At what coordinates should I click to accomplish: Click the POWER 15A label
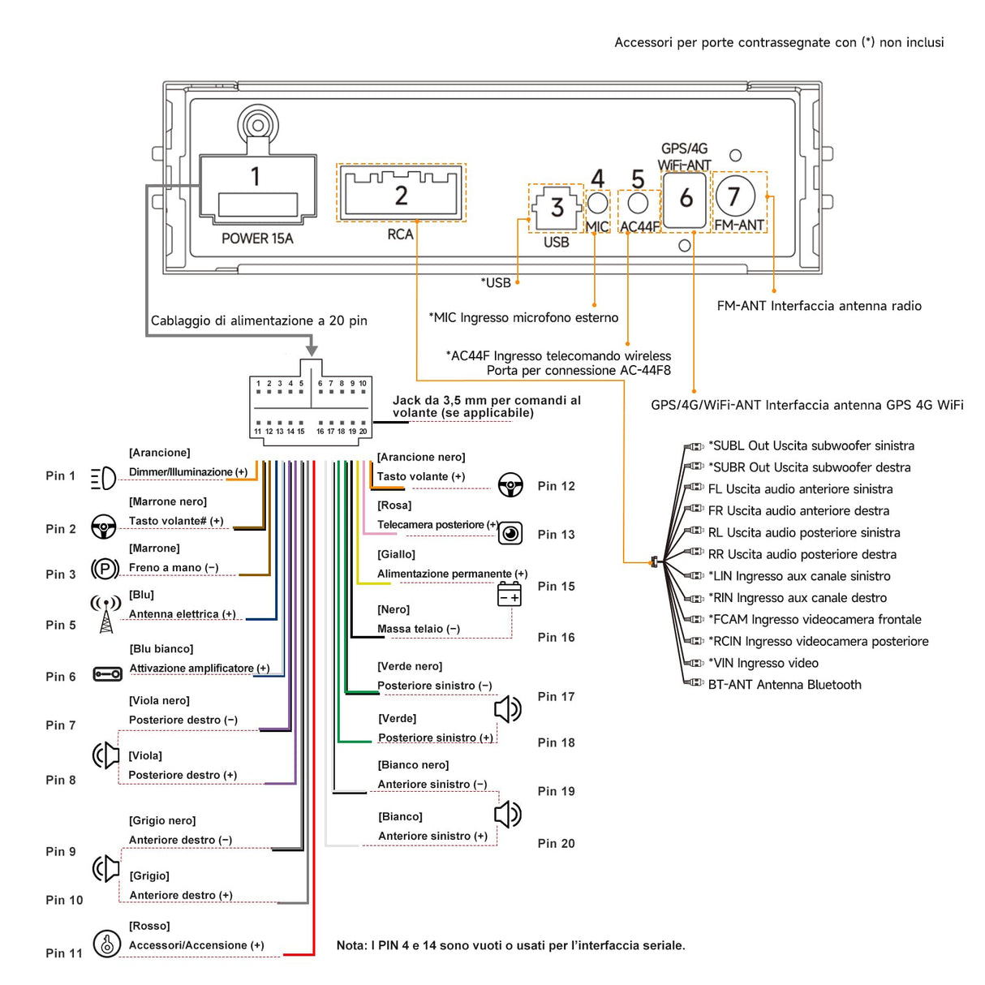coord(257,239)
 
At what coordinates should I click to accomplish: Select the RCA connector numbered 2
coord(401,193)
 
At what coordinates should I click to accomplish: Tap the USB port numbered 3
coord(557,208)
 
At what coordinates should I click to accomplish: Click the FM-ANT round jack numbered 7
coord(735,196)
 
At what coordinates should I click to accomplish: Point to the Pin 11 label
coord(64,953)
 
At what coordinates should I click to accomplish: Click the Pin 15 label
coord(556,586)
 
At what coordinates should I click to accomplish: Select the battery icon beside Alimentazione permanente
coord(510,594)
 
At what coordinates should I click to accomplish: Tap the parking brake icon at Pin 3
coord(105,569)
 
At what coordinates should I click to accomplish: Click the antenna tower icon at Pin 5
coord(105,614)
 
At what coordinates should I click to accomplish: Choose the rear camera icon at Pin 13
coord(510,533)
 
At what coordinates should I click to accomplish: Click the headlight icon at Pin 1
coord(103,479)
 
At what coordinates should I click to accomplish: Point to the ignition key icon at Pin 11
coord(106,944)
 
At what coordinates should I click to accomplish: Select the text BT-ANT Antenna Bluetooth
coord(785,685)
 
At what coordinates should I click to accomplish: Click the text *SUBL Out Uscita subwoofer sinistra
coord(811,445)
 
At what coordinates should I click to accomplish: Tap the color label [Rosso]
coord(149,926)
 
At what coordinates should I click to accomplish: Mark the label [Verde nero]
coord(410,666)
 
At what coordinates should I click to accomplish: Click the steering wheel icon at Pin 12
coord(510,485)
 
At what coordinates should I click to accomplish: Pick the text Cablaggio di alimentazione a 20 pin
coord(259,320)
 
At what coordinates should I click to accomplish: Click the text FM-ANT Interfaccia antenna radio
coord(819,306)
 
